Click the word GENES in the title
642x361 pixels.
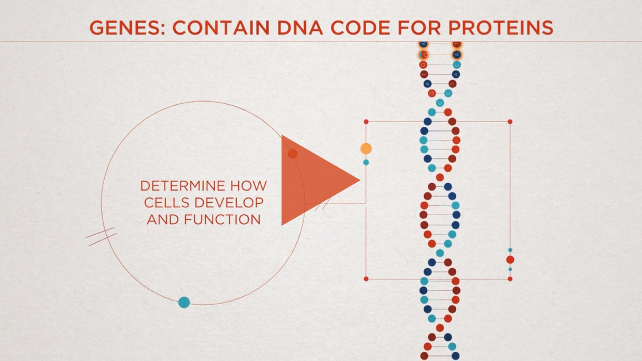tap(127, 28)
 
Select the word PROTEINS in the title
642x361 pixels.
tap(500, 28)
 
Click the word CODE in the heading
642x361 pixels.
tap(360, 28)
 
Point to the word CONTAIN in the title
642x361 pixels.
tap(220, 28)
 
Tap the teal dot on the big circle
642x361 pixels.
tap(184, 302)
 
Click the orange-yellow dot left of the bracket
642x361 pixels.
tap(366, 149)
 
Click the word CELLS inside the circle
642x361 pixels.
tap(166, 203)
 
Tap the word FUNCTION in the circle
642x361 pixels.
tap(223, 219)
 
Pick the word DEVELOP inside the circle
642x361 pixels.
tap(229, 203)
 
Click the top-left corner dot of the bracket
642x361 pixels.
tap(366, 122)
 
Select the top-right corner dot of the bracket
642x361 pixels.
tap(510, 122)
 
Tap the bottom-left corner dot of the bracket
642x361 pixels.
tap(366, 279)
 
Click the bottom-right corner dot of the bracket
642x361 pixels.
tap(510, 279)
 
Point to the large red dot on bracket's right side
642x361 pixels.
tap(510, 260)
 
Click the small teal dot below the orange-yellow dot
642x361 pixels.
tap(366, 163)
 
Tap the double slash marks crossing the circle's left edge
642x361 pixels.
tap(102, 237)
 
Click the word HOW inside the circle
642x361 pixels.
tap(248, 186)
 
